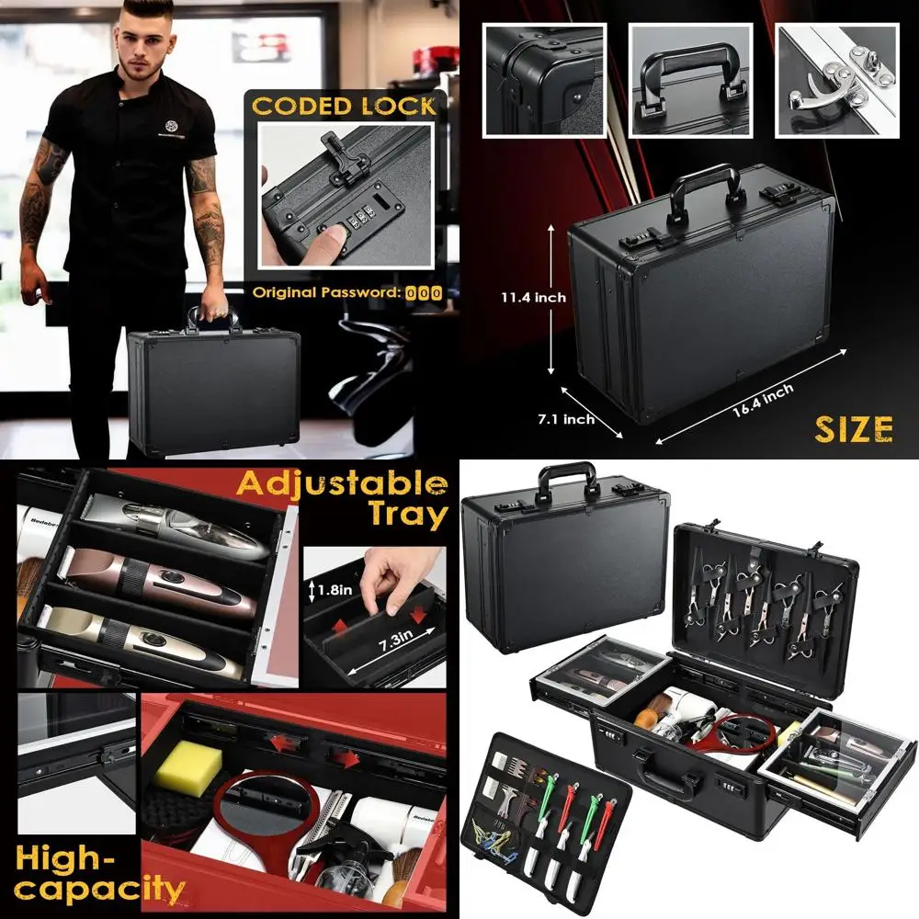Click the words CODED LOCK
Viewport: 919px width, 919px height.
point(344,105)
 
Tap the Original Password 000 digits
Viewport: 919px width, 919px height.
point(424,293)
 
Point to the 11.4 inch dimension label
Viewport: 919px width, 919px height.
point(533,298)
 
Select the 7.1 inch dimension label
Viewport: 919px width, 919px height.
point(565,419)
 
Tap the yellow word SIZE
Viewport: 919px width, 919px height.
point(854,428)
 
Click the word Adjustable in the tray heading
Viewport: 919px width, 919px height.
point(342,483)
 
